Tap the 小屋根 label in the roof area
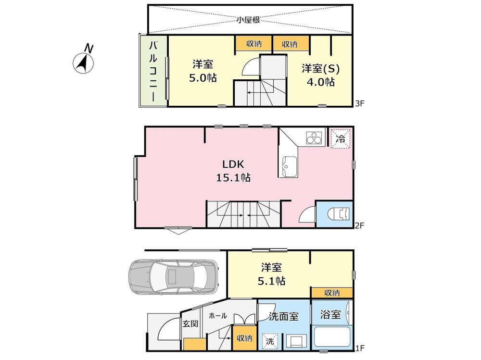(x=249, y=20)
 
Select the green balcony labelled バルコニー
(x=153, y=71)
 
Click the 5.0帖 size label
(x=203, y=77)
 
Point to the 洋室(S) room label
(x=321, y=68)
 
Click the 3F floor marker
(x=359, y=103)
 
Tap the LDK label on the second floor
(x=233, y=164)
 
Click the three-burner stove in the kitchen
(x=314, y=137)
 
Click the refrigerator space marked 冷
(x=341, y=138)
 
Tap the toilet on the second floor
(x=339, y=213)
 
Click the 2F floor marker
(x=359, y=226)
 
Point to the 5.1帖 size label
(x=271, y=281)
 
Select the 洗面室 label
(x=283, y=316)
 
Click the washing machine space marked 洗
(x=270, y=341)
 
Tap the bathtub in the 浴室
(x=332, y=337)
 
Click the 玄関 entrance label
(x=190, y=323)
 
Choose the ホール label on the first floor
(x=218, y=315)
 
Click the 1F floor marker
(x=359, y=348)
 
